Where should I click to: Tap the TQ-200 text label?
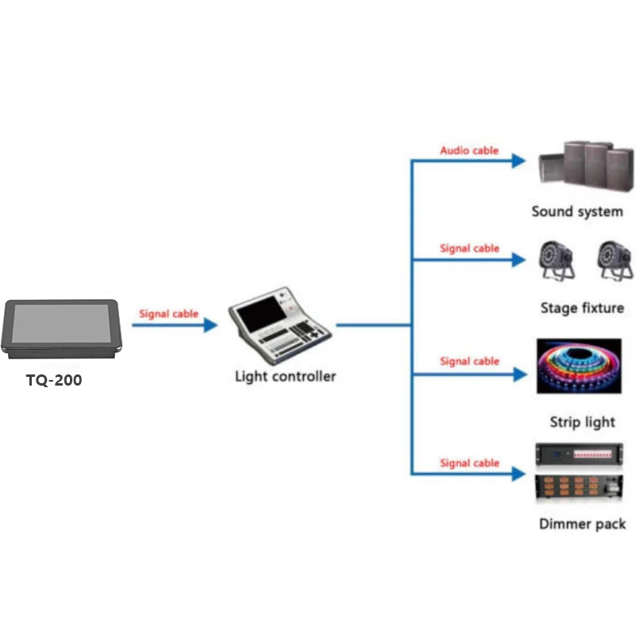(x=54, y=381)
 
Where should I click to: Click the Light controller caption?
(x=285, y=376)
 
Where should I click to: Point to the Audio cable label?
(x=470, y=150)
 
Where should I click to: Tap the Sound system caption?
(x=577, y=212)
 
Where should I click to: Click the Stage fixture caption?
(x=582, y=308)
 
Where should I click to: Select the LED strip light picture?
(x=579, y=365)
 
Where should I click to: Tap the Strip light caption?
(x=582, y=422)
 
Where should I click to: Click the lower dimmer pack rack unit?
(x=578, y=490)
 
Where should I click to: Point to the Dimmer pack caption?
(x=582, y=524)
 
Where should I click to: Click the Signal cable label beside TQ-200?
(x=169, y=314)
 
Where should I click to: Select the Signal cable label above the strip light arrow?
(x=470, y=362)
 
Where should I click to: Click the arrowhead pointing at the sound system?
(x=518, y=161)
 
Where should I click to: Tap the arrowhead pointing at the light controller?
(x=210, y=324)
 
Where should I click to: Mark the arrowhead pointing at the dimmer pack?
(x=518, y=475)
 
